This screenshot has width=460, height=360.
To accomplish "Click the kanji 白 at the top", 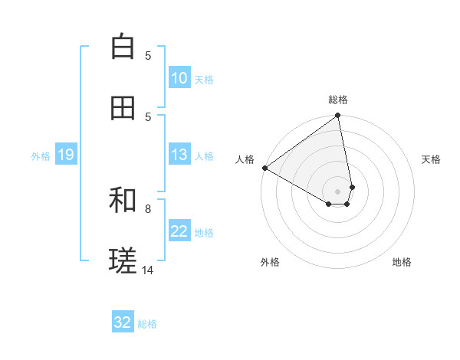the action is pos(123,47).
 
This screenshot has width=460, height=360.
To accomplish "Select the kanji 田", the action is pos(123,108).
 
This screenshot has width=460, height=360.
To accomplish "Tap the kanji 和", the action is pos(123,200).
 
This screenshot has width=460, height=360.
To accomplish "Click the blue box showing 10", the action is pos(179,78).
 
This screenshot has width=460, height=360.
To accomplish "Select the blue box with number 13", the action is pos(179,155).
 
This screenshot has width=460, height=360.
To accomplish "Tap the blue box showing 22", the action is pos(179,231).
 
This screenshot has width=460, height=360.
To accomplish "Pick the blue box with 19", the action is pos(65,155).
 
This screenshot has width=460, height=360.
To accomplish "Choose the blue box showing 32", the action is pos(123,322).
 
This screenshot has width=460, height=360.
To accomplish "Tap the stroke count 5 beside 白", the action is pos(148,55).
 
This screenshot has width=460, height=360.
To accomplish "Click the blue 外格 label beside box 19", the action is pos(41,155).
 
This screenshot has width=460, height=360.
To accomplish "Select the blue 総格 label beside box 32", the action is pos(147,323).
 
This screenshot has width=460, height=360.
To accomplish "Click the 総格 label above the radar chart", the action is pos(338,100).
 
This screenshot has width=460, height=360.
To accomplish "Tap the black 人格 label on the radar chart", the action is pos(245,159).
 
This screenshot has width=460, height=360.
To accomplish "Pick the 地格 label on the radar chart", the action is pos(402,262).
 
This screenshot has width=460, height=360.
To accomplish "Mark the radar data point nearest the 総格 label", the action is pos(337,116).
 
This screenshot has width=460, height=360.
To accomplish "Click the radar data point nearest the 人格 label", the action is pos(264,168).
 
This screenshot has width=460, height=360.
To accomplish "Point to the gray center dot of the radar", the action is pos(337,191).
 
